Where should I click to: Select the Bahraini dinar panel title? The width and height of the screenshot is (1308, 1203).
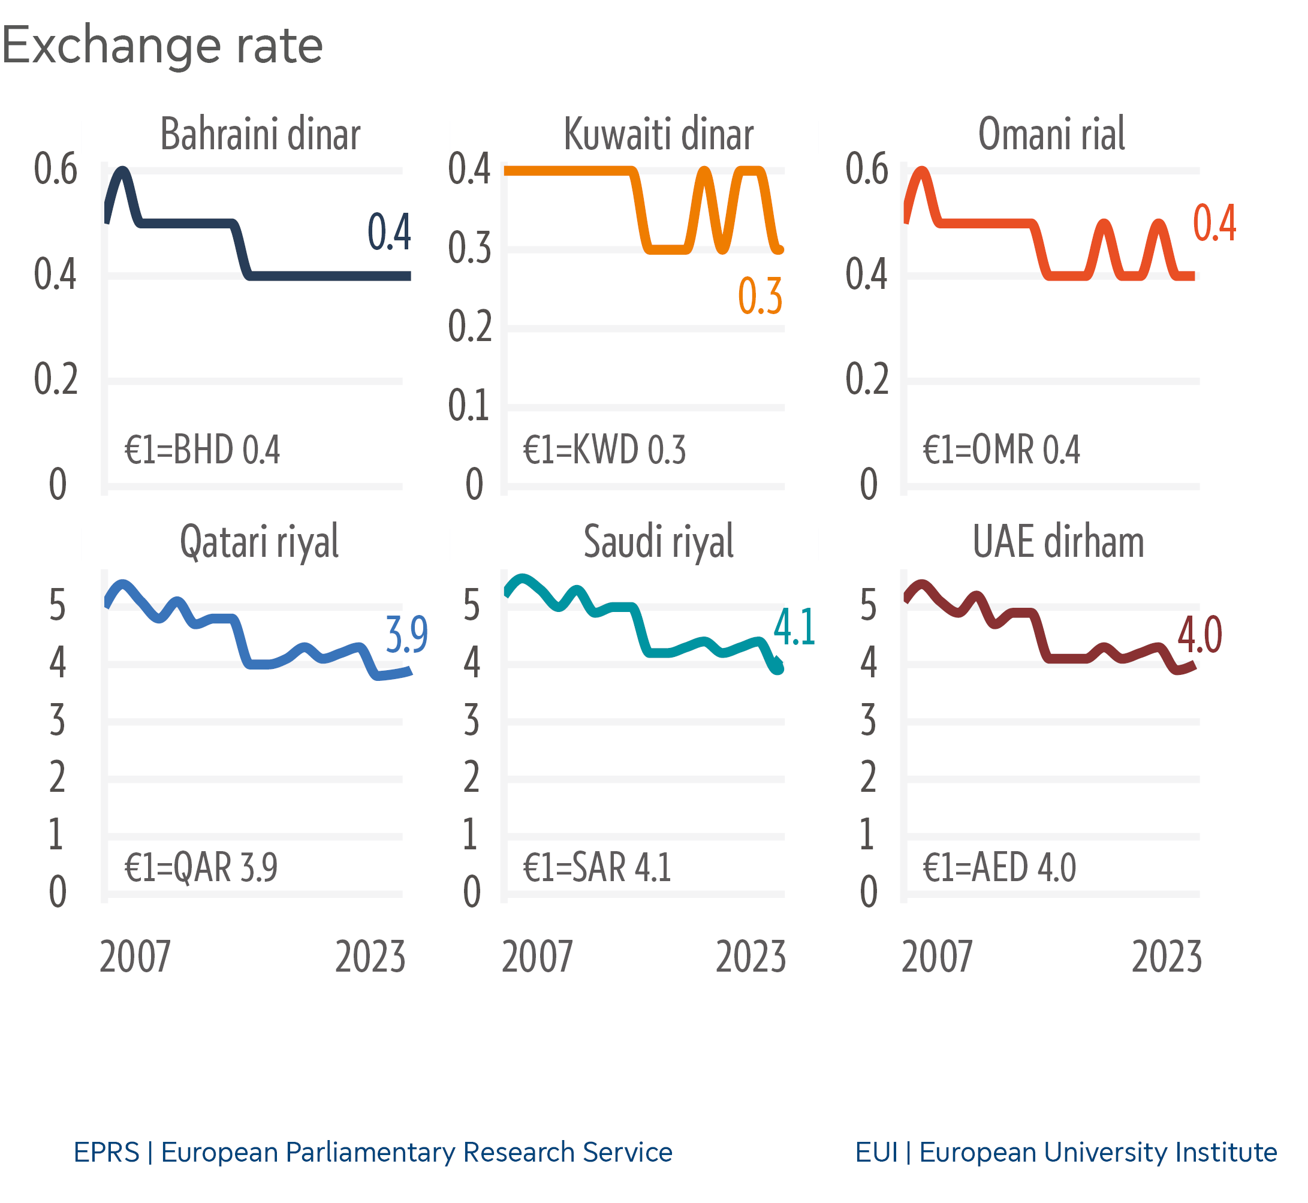point(260,134)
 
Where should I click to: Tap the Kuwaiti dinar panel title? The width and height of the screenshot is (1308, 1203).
point(658,134)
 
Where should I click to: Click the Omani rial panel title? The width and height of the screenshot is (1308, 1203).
point(1051,134)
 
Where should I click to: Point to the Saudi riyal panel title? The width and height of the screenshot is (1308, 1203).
point(658,542)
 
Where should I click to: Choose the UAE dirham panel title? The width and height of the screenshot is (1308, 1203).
point(1058,542)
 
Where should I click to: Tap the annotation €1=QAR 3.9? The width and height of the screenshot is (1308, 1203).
point(201,867)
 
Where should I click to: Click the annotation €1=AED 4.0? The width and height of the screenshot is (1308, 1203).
point(999,867)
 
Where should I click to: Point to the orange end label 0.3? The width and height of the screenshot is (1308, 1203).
point(760,297)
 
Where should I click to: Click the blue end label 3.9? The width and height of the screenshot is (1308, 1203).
point(407,635)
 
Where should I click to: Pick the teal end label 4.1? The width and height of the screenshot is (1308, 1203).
point(794,628)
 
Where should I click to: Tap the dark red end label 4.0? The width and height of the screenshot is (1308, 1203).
point(1200,635)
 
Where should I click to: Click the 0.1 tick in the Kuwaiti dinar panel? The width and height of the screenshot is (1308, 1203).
point(469,406)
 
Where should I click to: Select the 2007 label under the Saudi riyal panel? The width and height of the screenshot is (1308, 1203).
point(537,957)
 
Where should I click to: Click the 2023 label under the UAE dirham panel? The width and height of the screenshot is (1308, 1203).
point(1167,957)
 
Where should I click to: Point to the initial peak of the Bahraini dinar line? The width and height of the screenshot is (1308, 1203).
point(122,171)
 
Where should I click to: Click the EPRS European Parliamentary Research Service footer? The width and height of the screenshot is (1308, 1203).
point(372,1152)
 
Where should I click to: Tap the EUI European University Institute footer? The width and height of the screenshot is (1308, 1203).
point(1066,1152)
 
